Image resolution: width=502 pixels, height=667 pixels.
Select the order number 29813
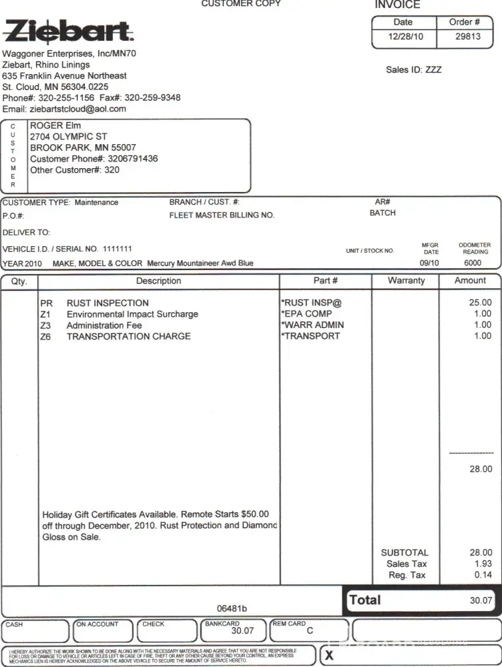point(468,36)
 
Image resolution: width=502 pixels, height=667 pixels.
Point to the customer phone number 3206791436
point(133,159)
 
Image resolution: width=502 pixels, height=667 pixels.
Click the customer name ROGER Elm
point(56,125)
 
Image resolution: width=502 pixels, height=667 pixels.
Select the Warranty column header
point(406,281)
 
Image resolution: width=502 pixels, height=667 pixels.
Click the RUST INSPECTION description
point(107,303)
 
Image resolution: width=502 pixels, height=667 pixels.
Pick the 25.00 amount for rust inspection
point(481,303)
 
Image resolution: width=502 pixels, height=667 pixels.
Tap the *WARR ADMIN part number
point(312,325)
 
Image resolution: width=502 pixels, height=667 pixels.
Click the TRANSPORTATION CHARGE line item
point(128,336)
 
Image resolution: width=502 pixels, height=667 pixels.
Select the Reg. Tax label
point(407,575)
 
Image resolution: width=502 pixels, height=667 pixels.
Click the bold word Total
point(365,600)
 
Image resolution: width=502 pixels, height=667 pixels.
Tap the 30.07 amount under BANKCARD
point(242,630)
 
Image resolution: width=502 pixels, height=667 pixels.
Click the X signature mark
point(329,656)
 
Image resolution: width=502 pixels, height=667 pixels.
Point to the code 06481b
point(232,608)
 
